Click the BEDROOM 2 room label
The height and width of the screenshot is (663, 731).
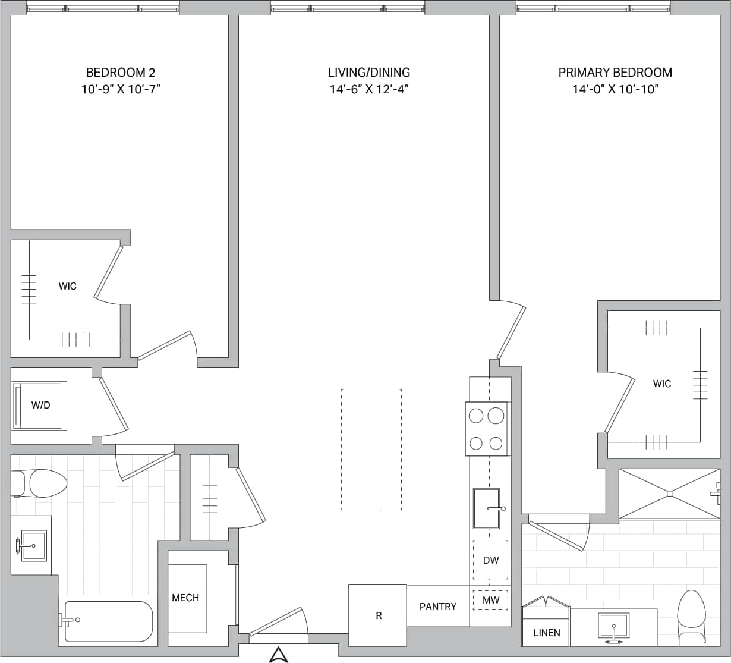121,73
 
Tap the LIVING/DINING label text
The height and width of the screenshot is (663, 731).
368,73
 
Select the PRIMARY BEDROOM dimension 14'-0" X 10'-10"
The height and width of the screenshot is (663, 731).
615,90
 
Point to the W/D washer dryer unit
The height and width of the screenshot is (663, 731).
40,406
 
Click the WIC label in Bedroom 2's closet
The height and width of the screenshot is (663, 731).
67,286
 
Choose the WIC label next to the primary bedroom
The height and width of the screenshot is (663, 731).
661,384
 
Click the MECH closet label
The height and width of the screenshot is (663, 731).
185,598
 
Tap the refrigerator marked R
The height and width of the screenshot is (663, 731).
378,615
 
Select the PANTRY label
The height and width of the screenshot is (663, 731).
438,607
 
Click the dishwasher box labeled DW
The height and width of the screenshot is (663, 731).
491,560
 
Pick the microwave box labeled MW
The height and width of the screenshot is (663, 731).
491,600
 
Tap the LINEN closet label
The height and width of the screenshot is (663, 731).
546,633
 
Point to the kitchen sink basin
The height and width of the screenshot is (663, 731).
486,508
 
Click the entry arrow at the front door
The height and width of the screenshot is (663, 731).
278,655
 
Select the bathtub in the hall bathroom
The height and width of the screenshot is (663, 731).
108,621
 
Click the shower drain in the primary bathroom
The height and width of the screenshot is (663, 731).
669,493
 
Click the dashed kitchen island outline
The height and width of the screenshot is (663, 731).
371,450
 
